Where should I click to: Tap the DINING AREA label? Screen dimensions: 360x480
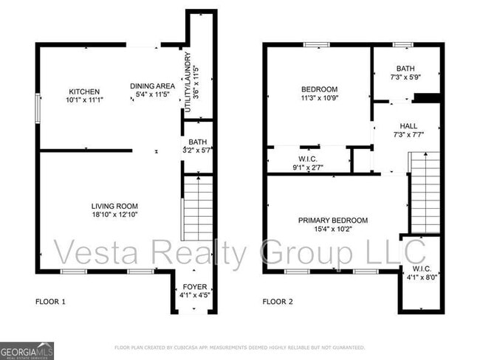(152, 86)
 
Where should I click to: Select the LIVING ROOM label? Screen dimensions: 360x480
(114, 206)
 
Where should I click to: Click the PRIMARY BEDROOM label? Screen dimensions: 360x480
(332, 220)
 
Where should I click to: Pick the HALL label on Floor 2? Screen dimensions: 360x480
(408, 126)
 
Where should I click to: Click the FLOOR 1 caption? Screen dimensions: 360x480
(51, 302)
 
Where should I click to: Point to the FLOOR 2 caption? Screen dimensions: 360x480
(278, 302)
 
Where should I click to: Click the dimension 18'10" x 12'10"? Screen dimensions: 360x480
(114, 215)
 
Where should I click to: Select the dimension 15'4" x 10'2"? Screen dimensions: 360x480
(332, 229)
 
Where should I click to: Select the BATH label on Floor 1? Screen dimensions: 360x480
(197, 142)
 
